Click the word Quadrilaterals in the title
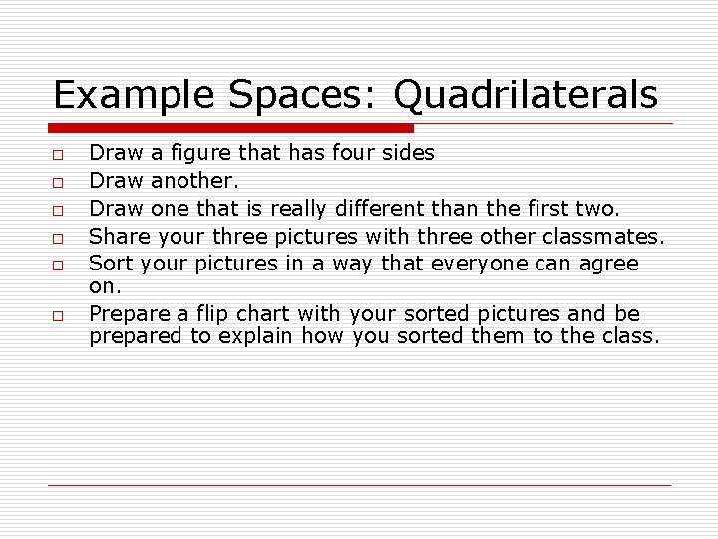[526, 96]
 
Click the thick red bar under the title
[231, 128]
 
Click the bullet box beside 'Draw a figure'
[59, 155]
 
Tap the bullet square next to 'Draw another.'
[59, 183]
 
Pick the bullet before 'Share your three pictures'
[59, 239]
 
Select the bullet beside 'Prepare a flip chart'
[59, 315]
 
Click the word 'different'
[381, 209]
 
